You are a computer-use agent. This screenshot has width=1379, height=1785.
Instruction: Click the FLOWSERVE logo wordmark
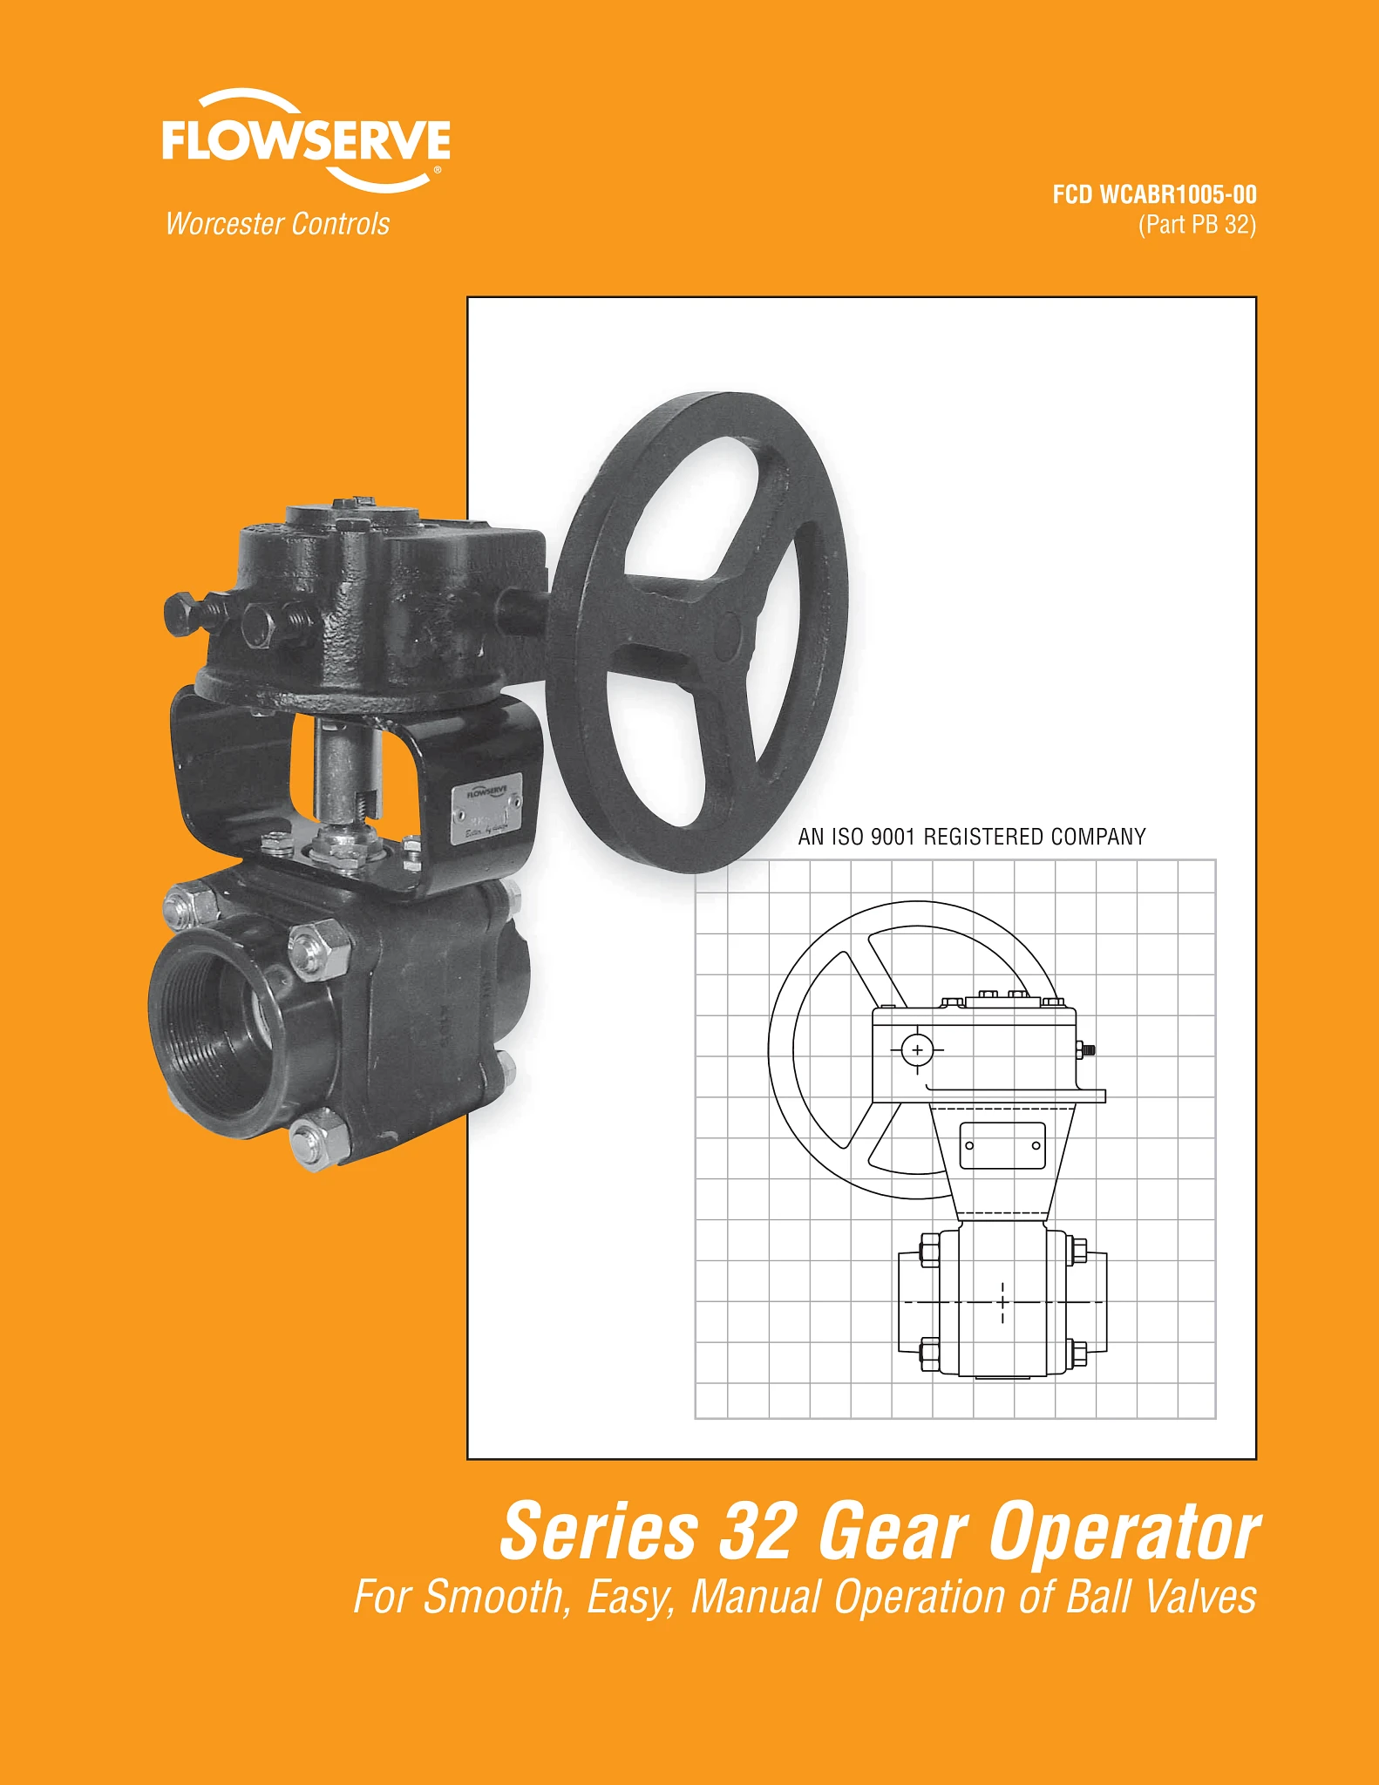[x=306, y=140]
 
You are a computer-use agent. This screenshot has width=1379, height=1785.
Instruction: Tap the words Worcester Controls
[x=278, y=224]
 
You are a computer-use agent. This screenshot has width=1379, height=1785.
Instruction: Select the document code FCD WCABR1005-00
[x=1154, y=194]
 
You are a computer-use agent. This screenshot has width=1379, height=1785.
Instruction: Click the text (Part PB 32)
[x=1197, y=225]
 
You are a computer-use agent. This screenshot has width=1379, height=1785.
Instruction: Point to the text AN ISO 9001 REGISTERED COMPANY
[x=972, y=837]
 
